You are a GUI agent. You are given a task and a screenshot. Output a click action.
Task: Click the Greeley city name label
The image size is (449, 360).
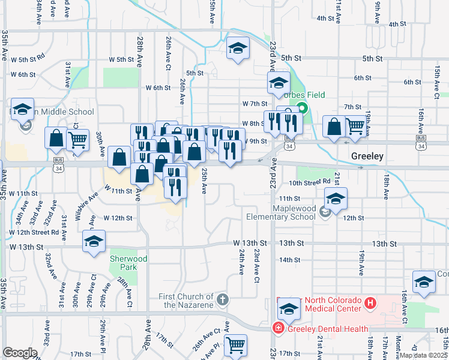pyautogui.click(x=367, y=156)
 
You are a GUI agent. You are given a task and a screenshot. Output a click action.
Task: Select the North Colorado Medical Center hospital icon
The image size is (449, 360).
pyautogui.click(x=370, y=304)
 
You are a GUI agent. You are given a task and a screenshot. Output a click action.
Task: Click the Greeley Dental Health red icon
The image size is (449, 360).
pyautogui.click(x=278, y=328)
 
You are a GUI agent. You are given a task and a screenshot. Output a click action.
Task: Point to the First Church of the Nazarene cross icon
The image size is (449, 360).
pyautogui.click(x=222, y=298)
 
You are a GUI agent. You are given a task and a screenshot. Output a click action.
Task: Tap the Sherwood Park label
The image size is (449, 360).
pyautogui.click(x=128, y=263)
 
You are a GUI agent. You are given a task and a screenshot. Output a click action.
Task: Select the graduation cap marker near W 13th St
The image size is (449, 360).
pyautogui.click(x=94, y=241)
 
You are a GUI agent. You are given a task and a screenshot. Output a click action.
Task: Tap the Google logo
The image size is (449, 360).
pyautogui.click(x=20, y=353)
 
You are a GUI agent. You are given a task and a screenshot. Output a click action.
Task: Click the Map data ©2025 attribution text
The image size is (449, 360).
pyautogui.click(x=424, y=355)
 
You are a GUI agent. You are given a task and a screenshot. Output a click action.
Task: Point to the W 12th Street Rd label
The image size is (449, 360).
pyautogui.click(x=34, y=232)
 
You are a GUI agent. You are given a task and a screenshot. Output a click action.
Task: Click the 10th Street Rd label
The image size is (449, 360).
pyautogui.click(x=310, y=182)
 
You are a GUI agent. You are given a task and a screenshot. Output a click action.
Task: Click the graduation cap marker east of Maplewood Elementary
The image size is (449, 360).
pyautogui.click(x=336, y=199)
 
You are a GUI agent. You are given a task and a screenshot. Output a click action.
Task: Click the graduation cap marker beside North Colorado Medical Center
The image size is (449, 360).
pyautogui.click(x=289, y=308)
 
